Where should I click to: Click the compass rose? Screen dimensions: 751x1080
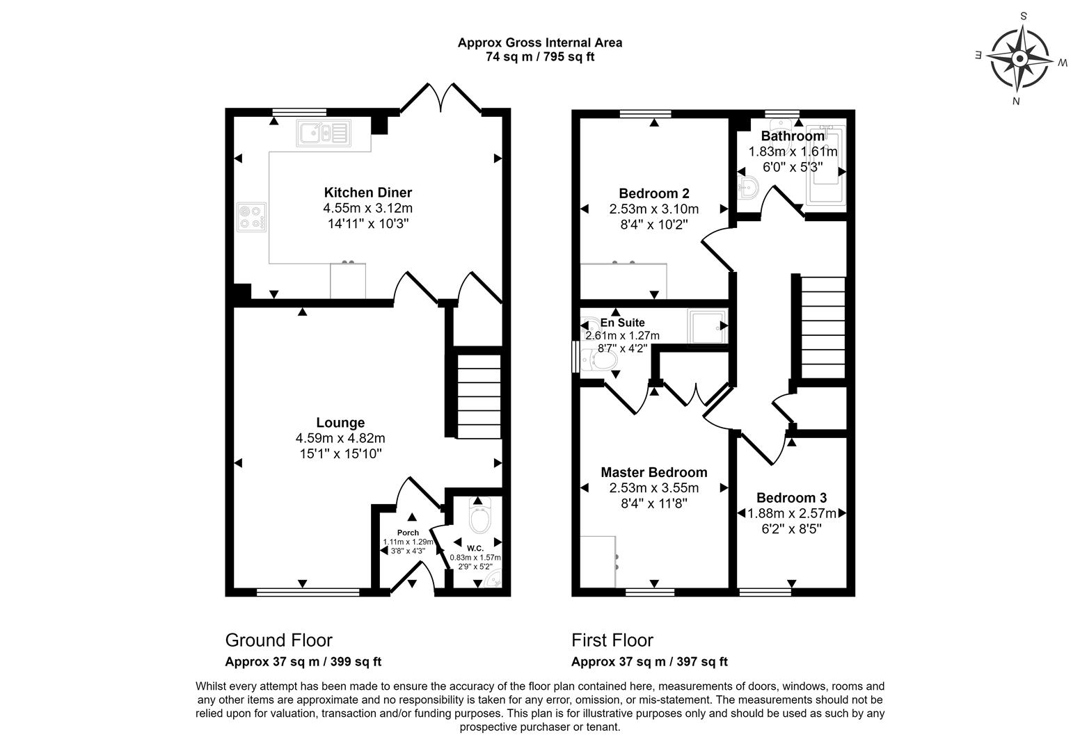(x=1019, y=58)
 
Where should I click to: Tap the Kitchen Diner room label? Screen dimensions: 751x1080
(x=367, y=193)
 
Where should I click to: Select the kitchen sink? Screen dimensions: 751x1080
(x=322, y=132)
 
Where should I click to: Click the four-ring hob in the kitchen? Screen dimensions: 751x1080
(x=251, y=216)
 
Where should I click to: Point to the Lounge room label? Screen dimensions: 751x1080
(x=340, y=423)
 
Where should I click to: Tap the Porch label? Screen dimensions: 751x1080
(x=408, y=533)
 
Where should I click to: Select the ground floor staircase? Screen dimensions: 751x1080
(x=479, y=396)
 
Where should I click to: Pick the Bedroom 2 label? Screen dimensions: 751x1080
(x=653, y=193)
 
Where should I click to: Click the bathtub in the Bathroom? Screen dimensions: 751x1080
(x=825, y=167)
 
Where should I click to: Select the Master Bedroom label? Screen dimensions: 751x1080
(x=653, y=473)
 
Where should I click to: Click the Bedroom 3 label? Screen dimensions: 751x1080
(x=791, y=498)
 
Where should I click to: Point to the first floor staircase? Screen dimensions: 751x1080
(x=823, y=327)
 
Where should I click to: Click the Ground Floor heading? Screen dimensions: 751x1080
(x=278, y=640)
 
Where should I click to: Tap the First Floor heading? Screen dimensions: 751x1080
(x=612, y=640)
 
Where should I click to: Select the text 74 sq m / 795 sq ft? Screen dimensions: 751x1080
(x=539, y=57)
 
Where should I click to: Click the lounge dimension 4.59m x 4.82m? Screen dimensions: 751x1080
(x=340, y=438)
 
